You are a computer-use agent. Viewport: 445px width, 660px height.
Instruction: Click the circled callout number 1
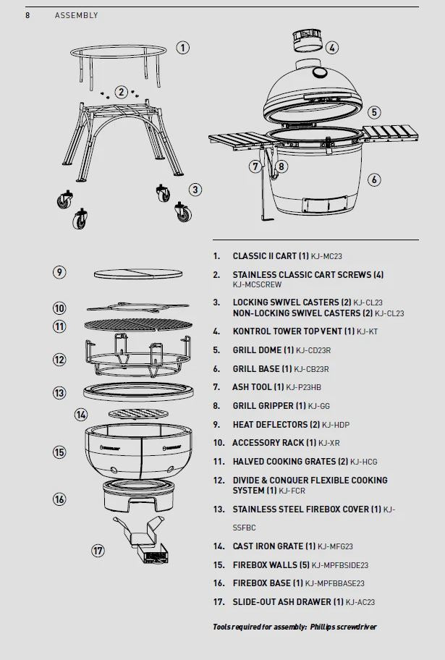[x=183, y=48]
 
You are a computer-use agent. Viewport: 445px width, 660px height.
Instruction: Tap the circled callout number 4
[x=331, y=48]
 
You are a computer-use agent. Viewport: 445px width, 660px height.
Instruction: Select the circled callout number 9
[x=59, y=272]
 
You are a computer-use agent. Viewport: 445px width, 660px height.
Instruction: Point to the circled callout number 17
[x=98, y=551]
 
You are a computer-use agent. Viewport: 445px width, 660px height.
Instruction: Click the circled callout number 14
[x=81, y=415]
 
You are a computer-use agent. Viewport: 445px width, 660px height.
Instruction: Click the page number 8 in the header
[x=27, y=15]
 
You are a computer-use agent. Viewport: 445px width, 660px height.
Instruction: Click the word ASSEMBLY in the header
[x=76, y=15]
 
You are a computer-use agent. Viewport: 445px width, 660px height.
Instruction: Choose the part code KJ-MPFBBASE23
[x=334, y=583]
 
